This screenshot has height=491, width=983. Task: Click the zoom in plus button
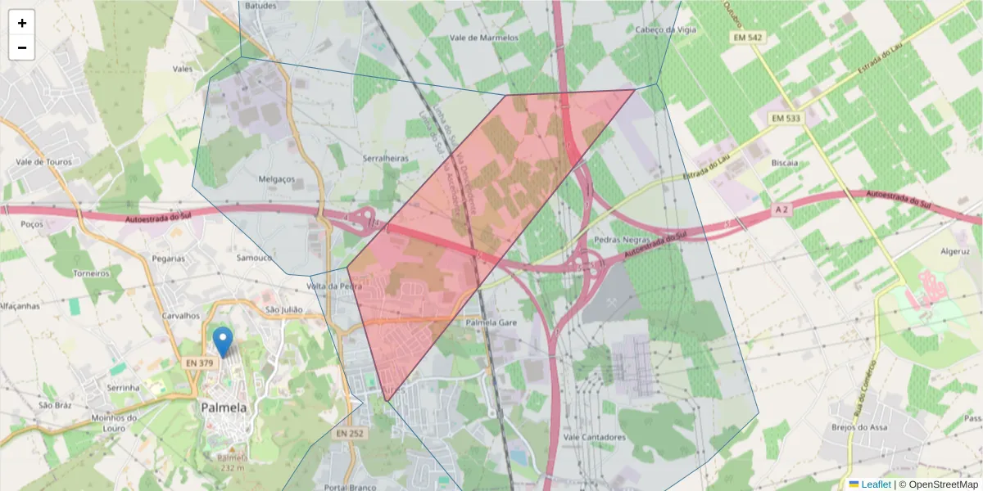pyautogui.click(x=22, y=23)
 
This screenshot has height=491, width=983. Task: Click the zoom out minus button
pyautogui.click(x=22, y=47)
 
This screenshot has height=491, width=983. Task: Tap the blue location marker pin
pyautogui.click(x=222, y=341)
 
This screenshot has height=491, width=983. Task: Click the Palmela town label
pyautogui.click(x=224, y=408)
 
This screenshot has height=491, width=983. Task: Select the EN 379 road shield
pyautogui.click(x=200, y=363)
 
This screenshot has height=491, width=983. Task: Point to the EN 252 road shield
pyautogui.click(x=350, y=433)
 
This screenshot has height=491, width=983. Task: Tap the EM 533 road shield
pyautogui.click(x=787, y=119)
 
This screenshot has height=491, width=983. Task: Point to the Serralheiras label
pyautogui.click(x=385, y=159)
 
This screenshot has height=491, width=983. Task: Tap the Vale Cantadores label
pyautogui.click(x=595, y=437)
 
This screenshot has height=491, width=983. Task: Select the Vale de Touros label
pyautogui.click(x=43, y=162)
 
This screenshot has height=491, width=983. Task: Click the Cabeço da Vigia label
pyautogui.click(x=665, y=29)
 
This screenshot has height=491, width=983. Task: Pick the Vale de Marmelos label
pyautogui.click(x=484, y=38)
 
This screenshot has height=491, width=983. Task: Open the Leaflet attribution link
pyautogui.click(x=876, y=484)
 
